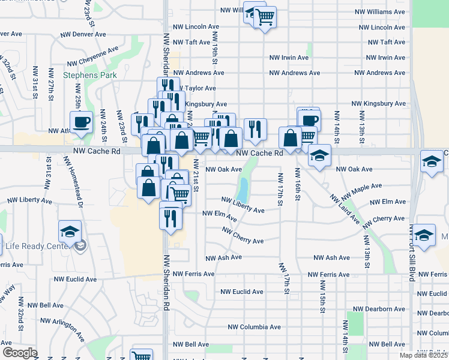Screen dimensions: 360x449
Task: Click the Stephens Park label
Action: pyautogui.click(x=90, y=76)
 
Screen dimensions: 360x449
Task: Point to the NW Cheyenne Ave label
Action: pyautogui.click(x=92, y=57)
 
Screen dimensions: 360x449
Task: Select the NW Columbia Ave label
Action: pyautogui.click(x=255, y=328)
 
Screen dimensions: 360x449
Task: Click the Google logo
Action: pyautogui.click(x=19, y=353)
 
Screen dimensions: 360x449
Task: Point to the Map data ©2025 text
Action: pyautogui.click(x=423, y=355)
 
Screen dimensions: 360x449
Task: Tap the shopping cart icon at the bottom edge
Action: pyautogui.click(x=141, y=355)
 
